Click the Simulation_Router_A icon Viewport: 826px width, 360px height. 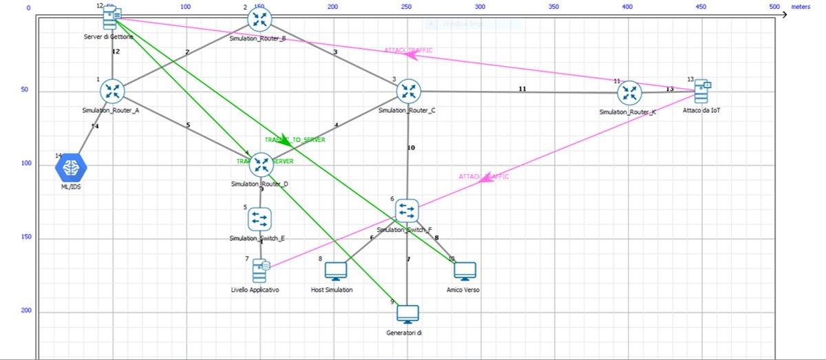point(111,91)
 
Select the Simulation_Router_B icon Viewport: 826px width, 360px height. point(260,19)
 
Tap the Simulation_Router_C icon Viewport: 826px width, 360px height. point(408,90)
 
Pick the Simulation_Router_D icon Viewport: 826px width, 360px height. point(261,164)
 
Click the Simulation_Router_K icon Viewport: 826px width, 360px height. point(629,92)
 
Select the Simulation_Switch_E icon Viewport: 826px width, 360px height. point(260,219)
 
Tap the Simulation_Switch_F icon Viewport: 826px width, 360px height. point(406,210)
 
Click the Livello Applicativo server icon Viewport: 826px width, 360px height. point(260,271)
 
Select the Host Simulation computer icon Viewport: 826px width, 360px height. point(335,272)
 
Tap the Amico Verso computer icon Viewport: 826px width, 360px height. point(465,272)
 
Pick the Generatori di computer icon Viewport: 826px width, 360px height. point(407,314)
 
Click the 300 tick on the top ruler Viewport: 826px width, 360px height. point(480,7)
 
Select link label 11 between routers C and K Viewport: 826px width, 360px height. point(522,89)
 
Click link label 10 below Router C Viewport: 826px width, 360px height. point(411,148)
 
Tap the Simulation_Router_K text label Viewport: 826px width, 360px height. point(627,112)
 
